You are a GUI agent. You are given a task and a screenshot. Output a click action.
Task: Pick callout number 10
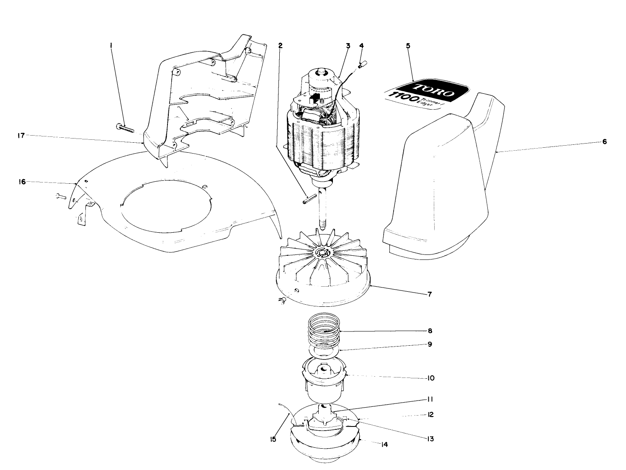(430, 378)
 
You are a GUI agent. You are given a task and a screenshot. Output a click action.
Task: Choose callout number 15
(273, 439)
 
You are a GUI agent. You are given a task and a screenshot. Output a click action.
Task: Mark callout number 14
(384, 444)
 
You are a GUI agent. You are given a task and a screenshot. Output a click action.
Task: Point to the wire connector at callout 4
(363, 64)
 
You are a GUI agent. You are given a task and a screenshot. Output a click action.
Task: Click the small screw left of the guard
(60, 195)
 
